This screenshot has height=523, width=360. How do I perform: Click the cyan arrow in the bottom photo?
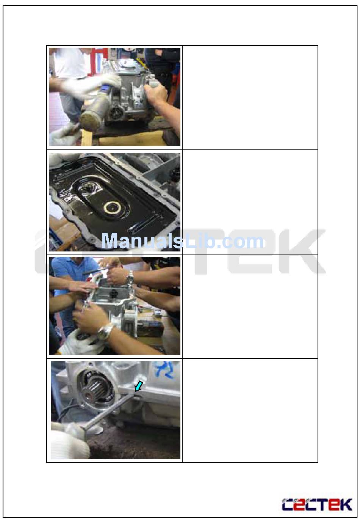pyautogui.click(x=139, y=386)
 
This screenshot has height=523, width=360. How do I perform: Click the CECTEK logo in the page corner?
pyautogui.click(x=317, y=505)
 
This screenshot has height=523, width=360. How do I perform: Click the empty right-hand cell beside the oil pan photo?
pyautogui.click(x=250, y=202)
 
